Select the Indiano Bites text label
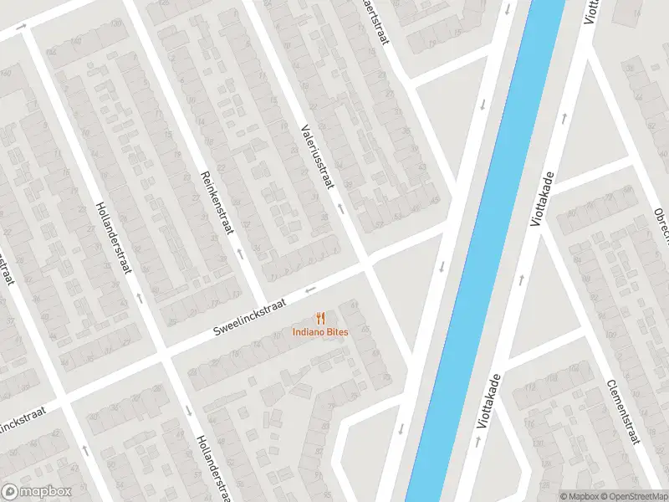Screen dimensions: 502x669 [x=320, y=332]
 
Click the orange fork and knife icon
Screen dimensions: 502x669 [x=320, y=318]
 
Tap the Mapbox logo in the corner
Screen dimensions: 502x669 [x=37, y=492]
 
